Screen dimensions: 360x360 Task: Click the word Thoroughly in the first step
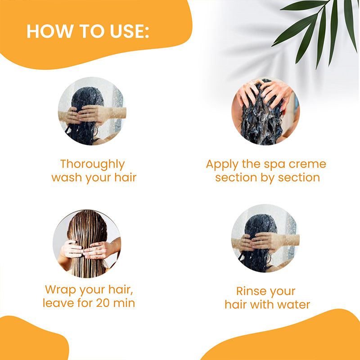point(92,164)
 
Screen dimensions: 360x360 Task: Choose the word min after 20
point(124,303)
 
